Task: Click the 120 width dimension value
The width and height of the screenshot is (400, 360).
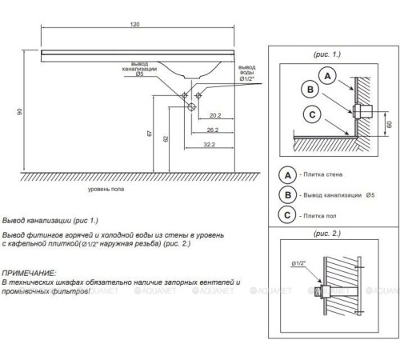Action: point(134,24)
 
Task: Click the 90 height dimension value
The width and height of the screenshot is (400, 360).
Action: point(20,112)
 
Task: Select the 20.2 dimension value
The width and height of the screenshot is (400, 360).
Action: point(215,115)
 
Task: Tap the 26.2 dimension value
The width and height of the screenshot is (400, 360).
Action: point(213,130)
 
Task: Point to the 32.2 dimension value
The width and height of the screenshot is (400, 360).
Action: point(210,144)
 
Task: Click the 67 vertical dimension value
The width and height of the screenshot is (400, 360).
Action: point(150,133)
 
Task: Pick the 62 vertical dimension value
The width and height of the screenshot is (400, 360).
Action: point(166,138)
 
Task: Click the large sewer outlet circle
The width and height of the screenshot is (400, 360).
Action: point(191,107)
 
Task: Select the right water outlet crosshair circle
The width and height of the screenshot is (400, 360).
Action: point(198,95)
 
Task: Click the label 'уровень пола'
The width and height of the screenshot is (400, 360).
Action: point(106,189)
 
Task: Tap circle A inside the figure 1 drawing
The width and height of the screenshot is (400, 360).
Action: point(327,76)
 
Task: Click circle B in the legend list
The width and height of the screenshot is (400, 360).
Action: point(287,195)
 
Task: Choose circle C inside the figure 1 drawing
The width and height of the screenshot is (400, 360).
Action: point(312,114)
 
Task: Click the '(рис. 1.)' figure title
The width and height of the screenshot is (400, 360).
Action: point(327,54)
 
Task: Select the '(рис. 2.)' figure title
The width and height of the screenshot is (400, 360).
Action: point(327,234)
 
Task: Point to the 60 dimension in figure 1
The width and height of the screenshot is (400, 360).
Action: point(389,124)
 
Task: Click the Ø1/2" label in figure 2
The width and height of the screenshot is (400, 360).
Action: point(298,263)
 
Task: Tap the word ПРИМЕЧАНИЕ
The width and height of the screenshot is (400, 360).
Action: point(29,273)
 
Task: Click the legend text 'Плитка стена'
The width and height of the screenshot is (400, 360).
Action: point(323,174)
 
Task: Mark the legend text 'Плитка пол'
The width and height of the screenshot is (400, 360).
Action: point(320,216)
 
